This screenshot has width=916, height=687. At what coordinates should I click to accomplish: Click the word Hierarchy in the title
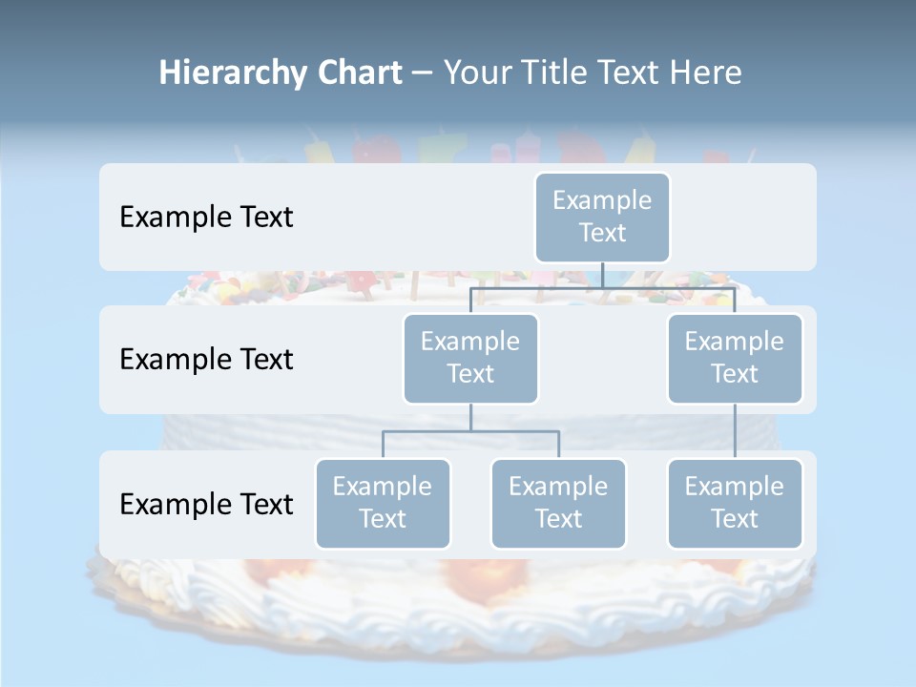[232, 73]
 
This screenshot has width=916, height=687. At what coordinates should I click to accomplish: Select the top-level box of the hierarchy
[602, 217]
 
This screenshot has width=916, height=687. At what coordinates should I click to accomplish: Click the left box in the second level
[470, 358]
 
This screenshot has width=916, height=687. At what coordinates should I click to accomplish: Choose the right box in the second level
[735, 358]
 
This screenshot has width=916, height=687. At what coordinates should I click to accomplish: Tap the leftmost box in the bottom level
[383, 503]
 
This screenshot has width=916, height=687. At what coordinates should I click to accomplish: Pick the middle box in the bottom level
[558, 503]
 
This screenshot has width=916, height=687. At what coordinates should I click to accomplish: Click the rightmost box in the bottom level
[735, 503]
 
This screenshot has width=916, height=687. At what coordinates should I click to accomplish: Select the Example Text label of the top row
[206, 217]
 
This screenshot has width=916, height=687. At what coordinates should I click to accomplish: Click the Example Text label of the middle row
[206, 359]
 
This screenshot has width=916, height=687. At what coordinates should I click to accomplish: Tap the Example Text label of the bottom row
[206, 504]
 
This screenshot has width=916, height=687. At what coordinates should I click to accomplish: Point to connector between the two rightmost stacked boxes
[735, 431]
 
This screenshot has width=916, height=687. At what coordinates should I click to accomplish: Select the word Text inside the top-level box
[602, 233]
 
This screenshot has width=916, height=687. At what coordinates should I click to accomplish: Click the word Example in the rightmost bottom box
[735, 487]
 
